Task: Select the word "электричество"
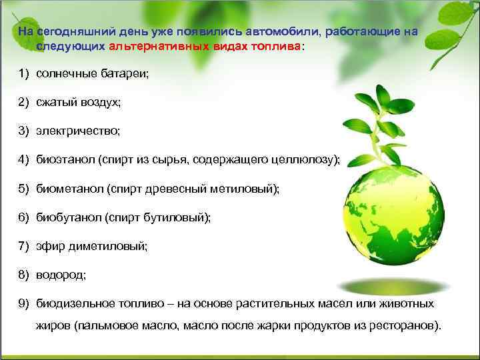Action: pos(78,131)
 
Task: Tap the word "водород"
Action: pos(61,275)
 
